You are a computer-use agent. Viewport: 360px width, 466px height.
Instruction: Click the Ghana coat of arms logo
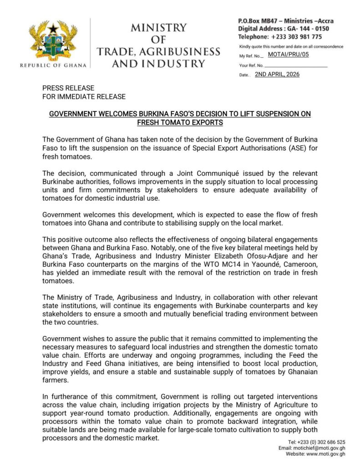point(53,41)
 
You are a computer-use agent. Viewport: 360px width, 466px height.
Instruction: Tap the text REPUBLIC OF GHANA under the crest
point(53,66)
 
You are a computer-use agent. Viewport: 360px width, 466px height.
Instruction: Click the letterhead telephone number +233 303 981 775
point(296,36)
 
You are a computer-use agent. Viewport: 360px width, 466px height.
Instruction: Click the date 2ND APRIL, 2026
point(277,74)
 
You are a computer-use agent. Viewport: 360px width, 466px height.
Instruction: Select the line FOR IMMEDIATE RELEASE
point(84,96)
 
